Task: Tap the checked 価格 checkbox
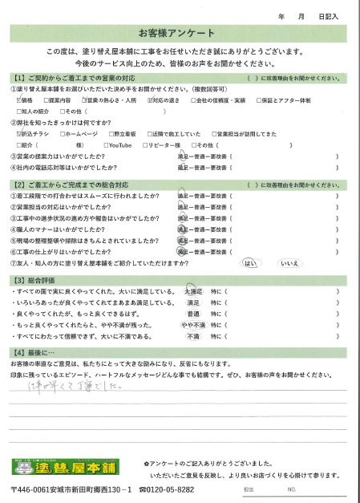point(17,101)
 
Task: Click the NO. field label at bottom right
point(291,489)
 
